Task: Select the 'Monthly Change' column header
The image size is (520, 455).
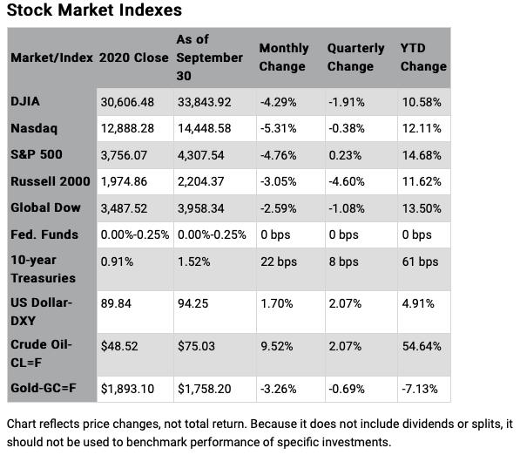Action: point(283,58)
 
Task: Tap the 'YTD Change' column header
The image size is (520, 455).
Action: point(423,58)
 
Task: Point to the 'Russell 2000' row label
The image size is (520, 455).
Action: point(48,181)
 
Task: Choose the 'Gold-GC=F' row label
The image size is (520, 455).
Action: point(45,387)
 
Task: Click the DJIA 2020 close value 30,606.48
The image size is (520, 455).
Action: point(127,102)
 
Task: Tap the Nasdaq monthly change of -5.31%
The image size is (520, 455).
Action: point(279,128)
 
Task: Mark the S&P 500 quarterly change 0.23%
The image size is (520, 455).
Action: point(343,155)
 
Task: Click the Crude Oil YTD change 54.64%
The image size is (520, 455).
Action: point(421,343)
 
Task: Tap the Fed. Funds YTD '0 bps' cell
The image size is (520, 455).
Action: point(416,234)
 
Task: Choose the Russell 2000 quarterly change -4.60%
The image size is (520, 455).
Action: point(347,181)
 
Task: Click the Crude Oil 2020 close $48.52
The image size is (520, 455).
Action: point(118,343)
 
